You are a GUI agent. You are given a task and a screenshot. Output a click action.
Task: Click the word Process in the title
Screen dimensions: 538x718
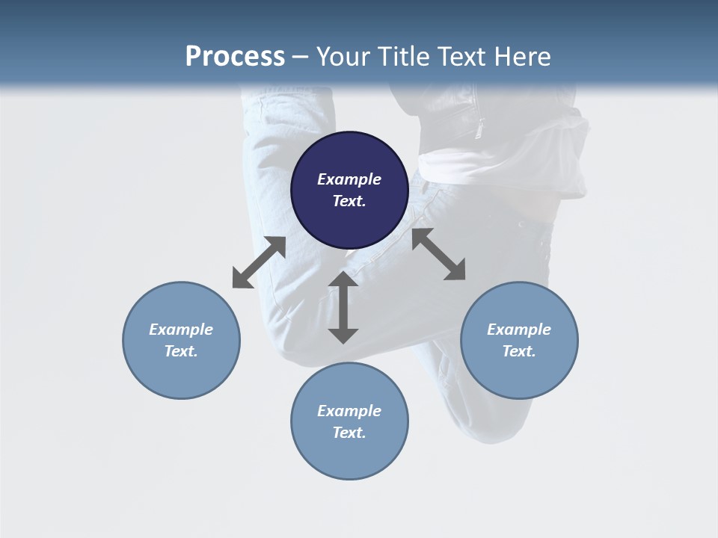click(235, 57)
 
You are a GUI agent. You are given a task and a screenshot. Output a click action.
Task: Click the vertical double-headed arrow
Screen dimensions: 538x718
click(343, 308)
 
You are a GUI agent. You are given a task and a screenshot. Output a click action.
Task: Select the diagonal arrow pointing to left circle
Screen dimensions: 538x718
click(259, 262)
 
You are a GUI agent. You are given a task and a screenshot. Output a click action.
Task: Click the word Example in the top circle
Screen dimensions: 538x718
click(349, 179)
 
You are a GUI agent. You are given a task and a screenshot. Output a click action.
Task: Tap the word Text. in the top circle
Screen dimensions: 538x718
click(349, 201)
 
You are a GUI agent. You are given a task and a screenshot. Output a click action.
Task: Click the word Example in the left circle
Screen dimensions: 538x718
click(181, 330)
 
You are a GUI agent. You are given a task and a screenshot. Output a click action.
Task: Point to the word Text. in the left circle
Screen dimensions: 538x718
click(181, 351)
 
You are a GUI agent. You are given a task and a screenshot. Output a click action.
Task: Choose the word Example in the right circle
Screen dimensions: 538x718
click(519, 330)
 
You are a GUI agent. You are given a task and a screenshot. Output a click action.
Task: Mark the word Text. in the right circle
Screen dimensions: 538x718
click(519, 351)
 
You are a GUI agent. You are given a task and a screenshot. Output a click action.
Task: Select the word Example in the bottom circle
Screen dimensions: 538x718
click(349, 411)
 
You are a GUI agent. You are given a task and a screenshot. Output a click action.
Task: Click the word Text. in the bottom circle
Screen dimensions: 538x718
click(349, 433)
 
